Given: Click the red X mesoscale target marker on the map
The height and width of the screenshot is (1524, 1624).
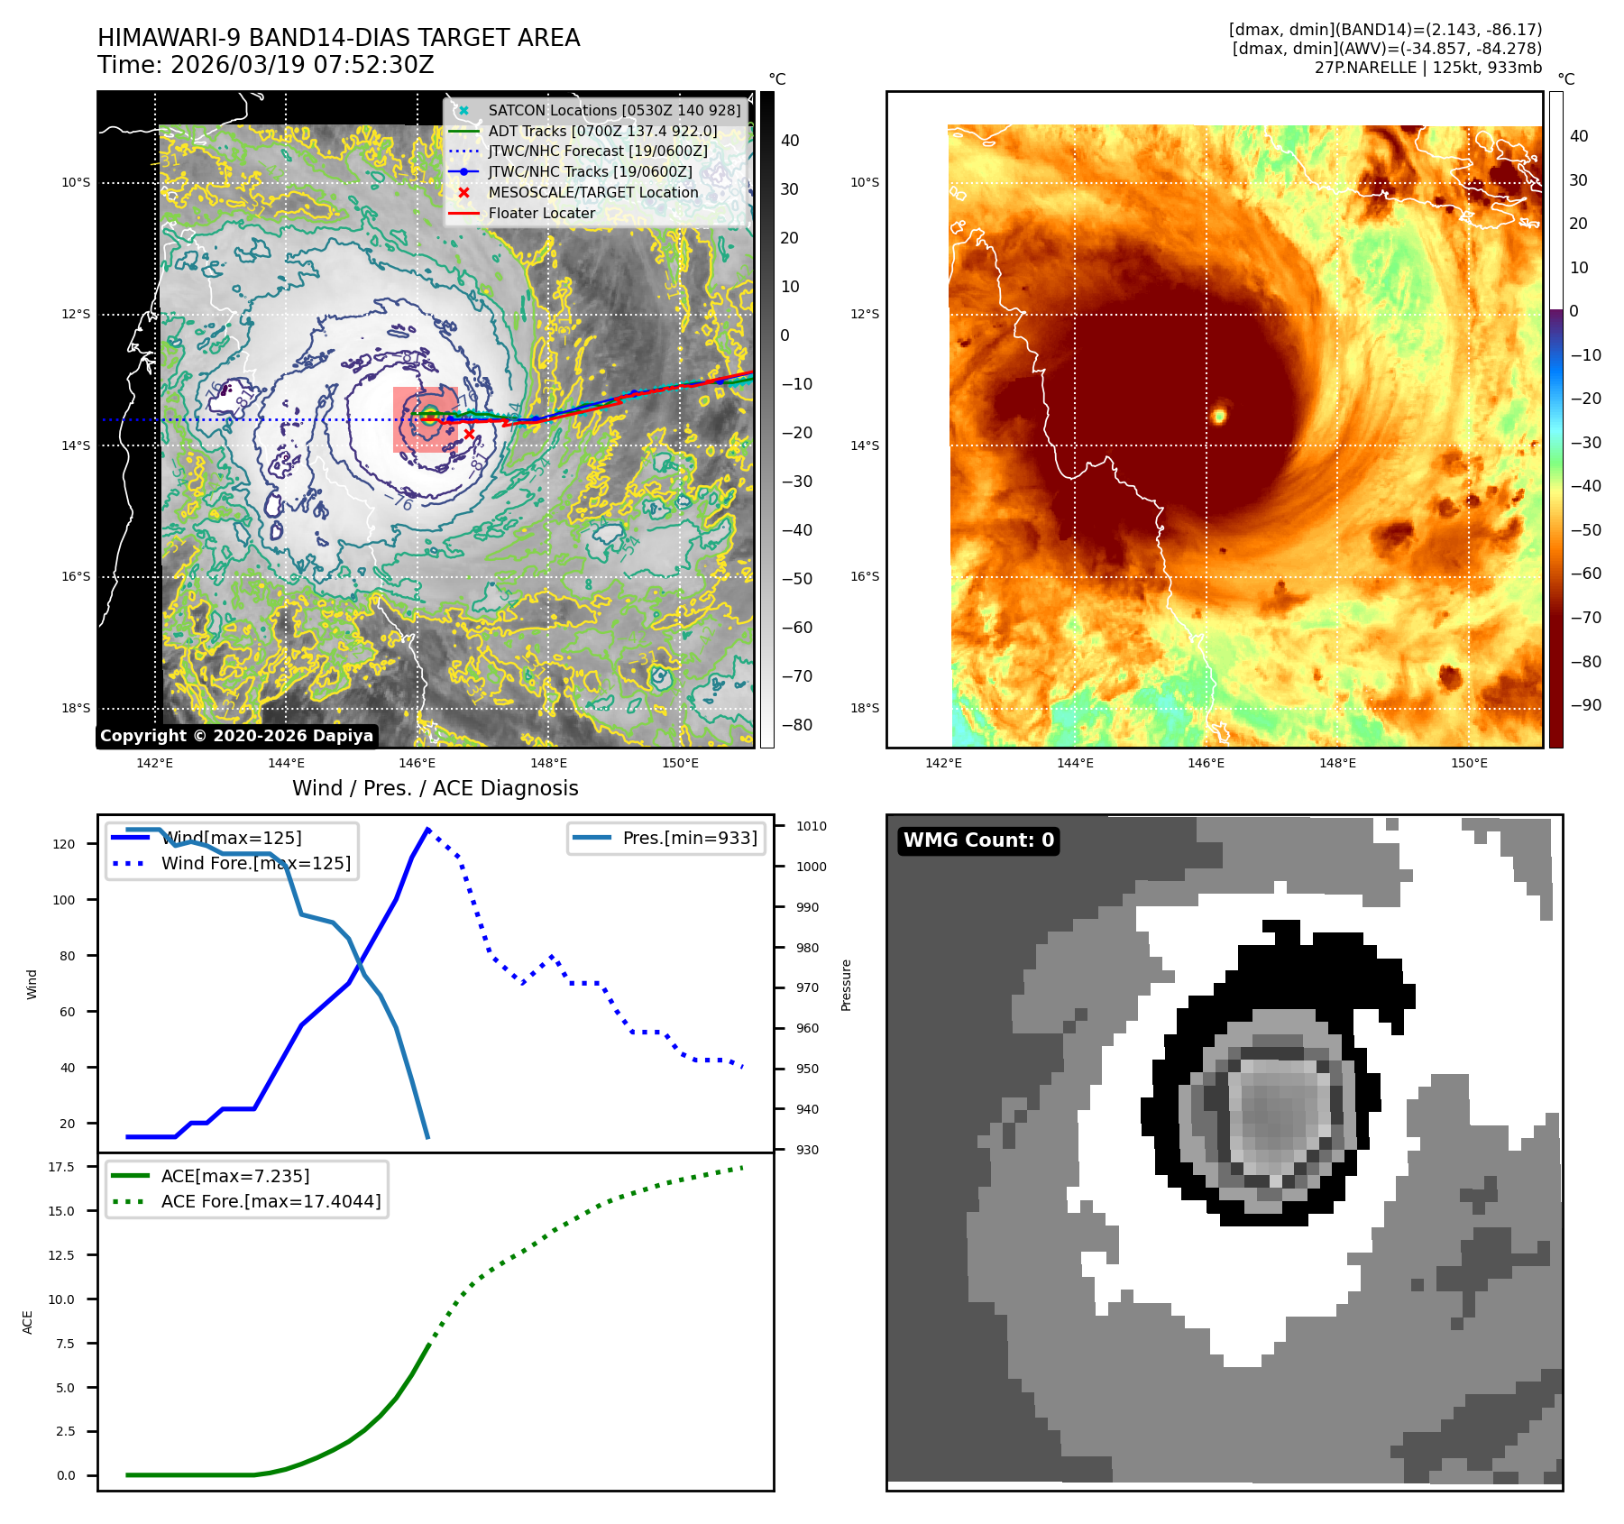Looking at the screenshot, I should [x=469, y=434].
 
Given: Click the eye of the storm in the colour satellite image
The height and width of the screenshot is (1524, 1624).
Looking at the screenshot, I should [x=1219, y=416].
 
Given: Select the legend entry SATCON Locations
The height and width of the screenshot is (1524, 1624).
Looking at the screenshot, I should [x=613, y=111].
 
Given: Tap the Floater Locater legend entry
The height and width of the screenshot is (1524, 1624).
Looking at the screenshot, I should [x=541, y=214].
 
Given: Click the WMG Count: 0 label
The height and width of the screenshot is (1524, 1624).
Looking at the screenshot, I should [x=978, y=840].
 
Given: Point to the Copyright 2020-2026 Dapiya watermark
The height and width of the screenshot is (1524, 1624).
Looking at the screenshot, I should [x=236, y=736].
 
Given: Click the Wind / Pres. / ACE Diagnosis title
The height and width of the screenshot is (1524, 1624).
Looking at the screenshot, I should [x=435, y=789].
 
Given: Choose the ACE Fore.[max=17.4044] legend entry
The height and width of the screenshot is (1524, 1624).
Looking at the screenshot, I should [x=271, y=1202].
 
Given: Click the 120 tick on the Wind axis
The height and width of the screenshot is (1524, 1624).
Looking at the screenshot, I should [x=65, y=844].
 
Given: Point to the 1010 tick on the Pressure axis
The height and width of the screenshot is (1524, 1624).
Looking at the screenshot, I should [x=811, y=826].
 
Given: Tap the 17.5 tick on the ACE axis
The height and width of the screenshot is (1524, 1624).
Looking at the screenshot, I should [x=61, y=1167].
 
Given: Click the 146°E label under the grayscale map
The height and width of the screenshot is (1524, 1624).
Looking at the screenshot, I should [x=417, y=764].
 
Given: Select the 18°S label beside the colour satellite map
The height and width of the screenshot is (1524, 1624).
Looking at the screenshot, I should [x=864, y=708].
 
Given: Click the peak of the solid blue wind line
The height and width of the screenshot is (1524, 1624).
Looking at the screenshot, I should [x=427, y=829].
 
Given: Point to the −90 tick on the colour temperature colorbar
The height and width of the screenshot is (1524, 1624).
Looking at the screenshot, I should [x=1585, y=705].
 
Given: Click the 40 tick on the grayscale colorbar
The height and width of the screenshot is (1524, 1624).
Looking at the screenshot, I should [x=790, y=141].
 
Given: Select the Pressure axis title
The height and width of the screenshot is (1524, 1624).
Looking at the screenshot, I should [x=846, y=985].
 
